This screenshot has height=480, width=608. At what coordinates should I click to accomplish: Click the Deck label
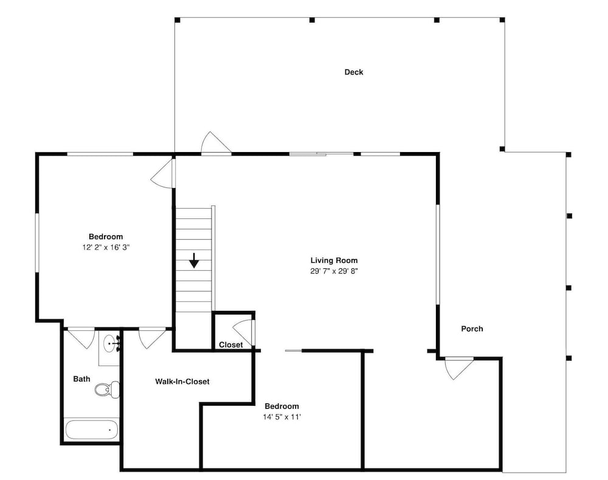pos(354,72)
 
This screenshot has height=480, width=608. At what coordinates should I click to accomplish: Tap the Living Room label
pos(334,260)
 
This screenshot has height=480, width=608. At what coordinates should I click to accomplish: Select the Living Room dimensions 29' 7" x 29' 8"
pos(334,271)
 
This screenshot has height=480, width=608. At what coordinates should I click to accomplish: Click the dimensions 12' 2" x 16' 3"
pos(106,247)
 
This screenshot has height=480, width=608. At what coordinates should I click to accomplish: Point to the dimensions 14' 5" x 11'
pos(282,417)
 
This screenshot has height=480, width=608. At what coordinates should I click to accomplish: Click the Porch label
pos(472,329)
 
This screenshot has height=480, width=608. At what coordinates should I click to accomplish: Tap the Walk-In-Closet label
pos(182,381)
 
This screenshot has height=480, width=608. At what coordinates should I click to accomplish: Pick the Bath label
pos(82,379)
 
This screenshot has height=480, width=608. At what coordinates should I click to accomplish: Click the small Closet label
pos(230,344)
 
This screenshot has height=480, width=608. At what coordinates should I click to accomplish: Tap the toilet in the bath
pos(108,389)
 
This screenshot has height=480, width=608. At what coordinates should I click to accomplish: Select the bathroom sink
pos(111,343)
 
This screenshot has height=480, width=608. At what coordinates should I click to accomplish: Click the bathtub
pos(92,430)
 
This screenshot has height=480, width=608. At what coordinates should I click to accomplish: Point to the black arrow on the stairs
pos(194,260)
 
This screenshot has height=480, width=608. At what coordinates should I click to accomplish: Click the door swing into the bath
pos(81,338)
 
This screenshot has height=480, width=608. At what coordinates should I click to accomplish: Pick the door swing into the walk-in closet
pos(152,338)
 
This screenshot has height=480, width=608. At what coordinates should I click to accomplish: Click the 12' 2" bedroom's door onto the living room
pos(162,174)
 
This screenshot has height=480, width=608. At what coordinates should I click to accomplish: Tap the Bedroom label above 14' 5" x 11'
pos(282,406)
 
